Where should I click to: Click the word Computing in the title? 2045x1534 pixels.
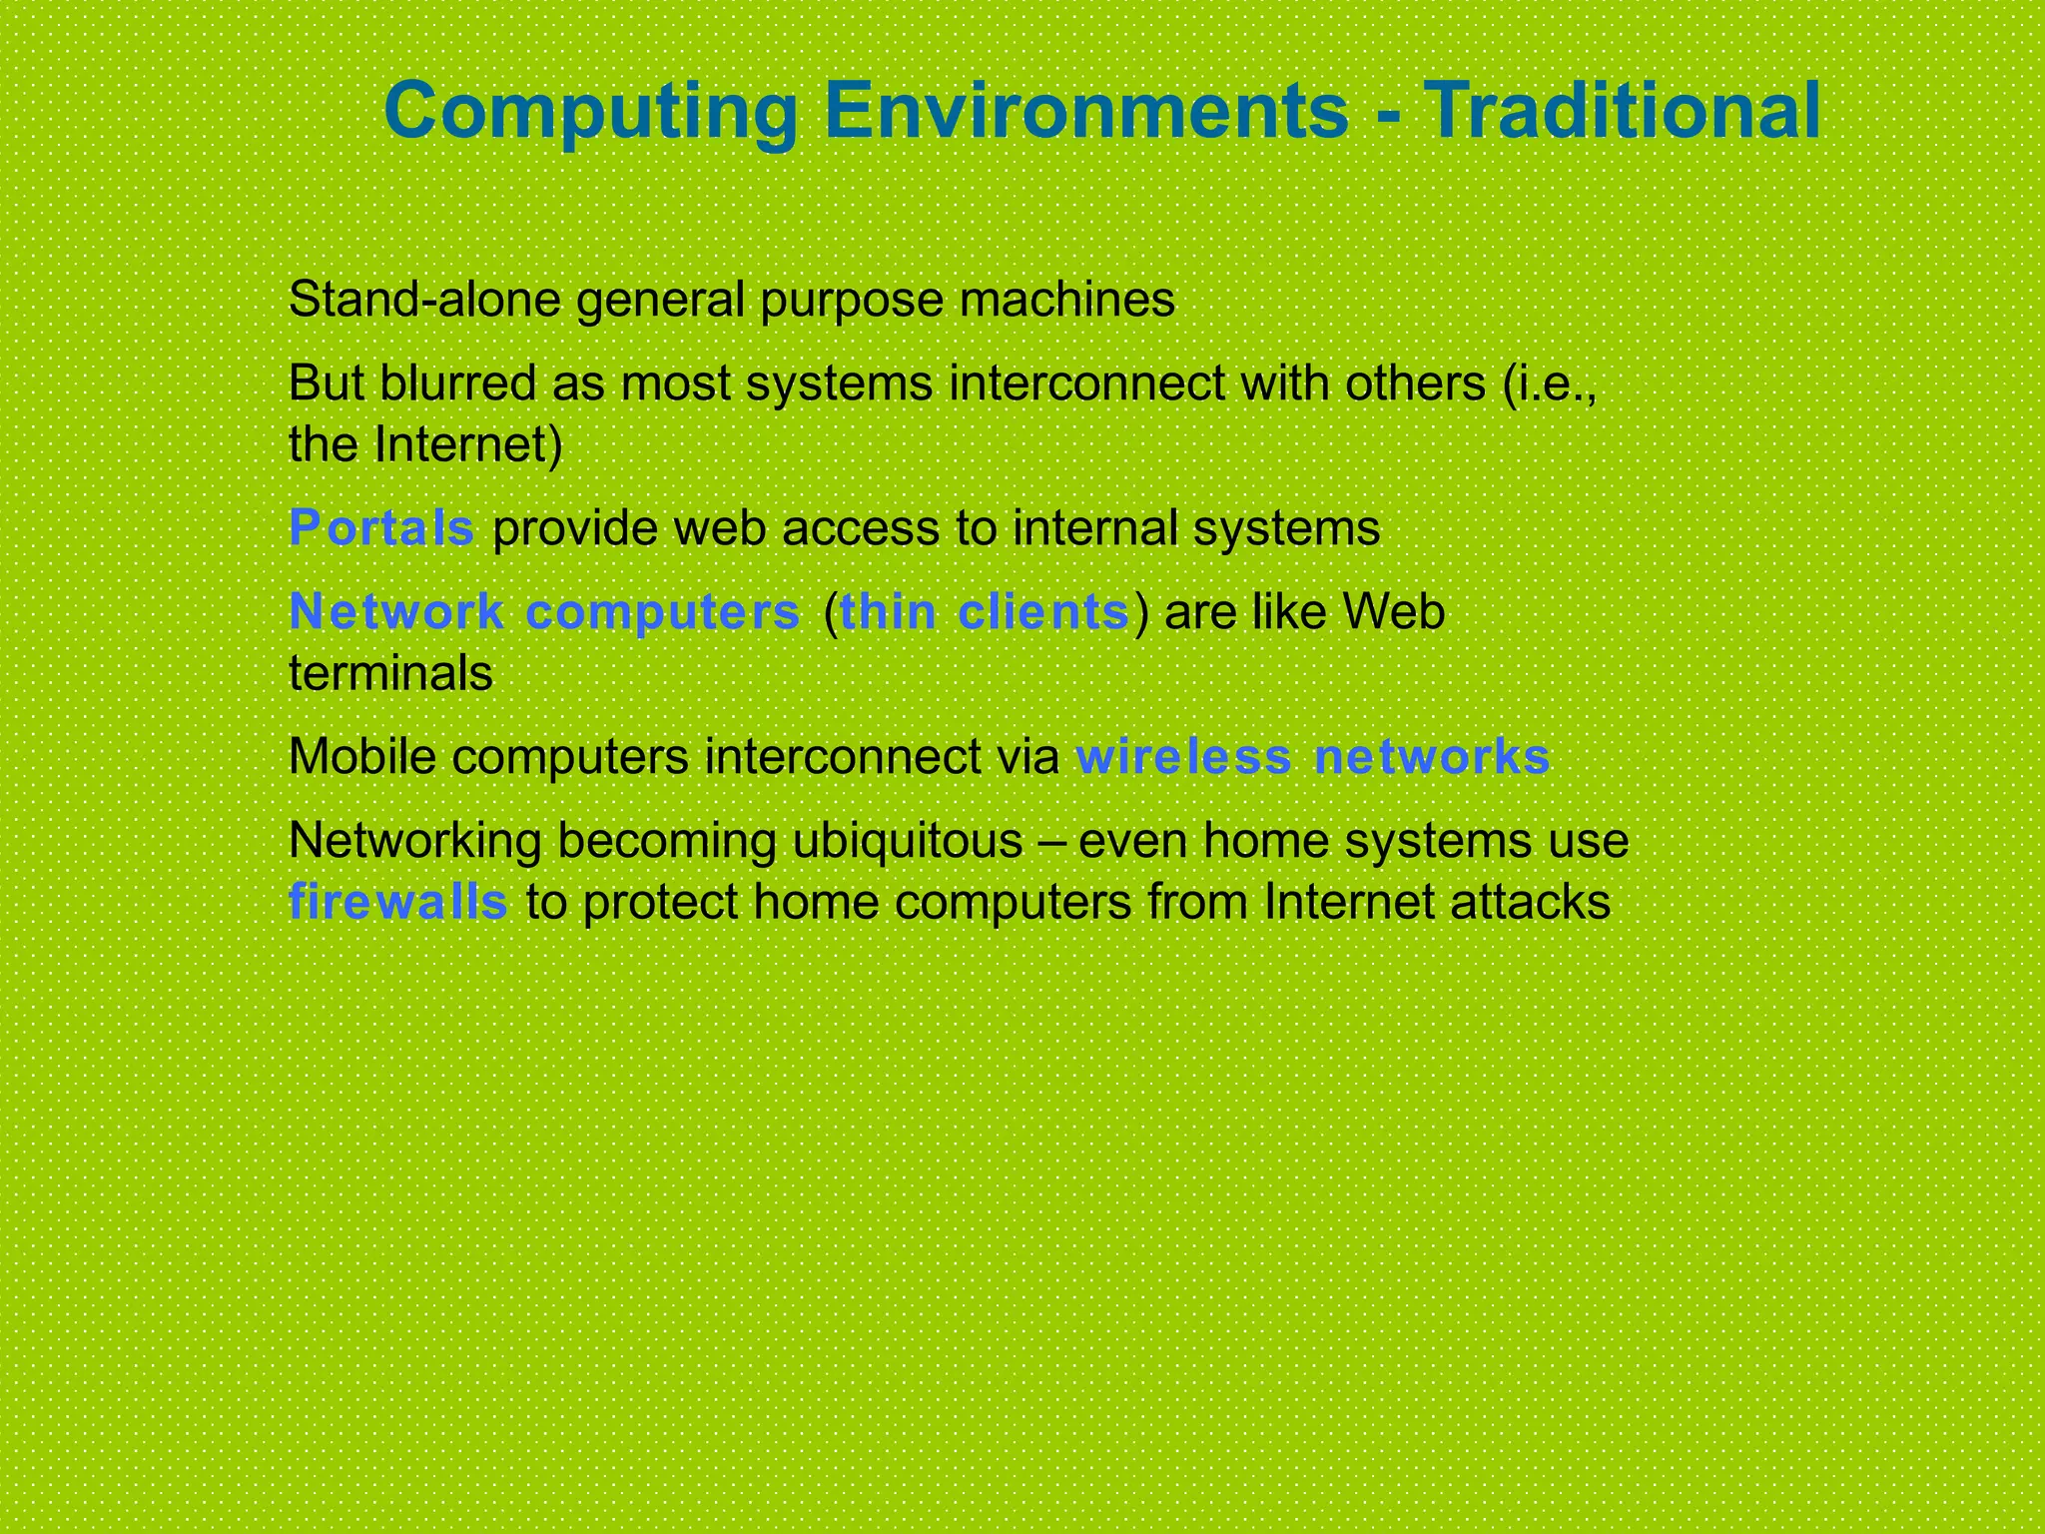coord(590,112)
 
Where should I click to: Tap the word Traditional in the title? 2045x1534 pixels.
coord(1622,112)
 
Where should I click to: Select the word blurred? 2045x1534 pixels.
coord(457,383)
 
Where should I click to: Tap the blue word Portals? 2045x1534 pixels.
coord(381,528)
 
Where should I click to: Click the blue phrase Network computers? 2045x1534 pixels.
coord(544,612)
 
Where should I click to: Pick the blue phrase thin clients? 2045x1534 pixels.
coord(985,612)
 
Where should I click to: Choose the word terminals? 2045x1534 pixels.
coord(390,674)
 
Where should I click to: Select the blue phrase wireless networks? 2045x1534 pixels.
coord(1312,757)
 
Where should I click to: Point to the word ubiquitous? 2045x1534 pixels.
coord(908,841)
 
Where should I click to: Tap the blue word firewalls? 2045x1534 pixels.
coord(398,903)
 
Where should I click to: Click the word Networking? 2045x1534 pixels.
coord(414,841)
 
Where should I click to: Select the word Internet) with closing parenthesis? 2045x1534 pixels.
coord(468,445)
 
